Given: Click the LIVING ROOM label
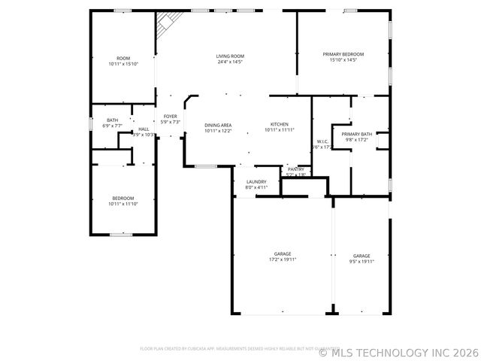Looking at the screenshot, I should coord(230,56).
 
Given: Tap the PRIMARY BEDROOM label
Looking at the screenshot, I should coord(343,54).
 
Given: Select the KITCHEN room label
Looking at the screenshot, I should coord(280,124).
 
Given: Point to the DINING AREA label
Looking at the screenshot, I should coord(218,125).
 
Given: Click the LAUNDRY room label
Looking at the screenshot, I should coord(256,182).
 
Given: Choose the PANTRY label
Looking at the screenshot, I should coord(296,169).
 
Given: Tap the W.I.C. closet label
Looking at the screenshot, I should coord(322,141).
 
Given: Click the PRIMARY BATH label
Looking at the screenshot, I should coord(356,134).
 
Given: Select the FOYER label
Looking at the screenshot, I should coord(171,117).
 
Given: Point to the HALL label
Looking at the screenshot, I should coord(144,129).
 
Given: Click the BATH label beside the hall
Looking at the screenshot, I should coord(112,120).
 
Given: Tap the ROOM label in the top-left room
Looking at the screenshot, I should coord(123,58).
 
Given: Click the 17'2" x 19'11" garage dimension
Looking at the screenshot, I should coord(283,260).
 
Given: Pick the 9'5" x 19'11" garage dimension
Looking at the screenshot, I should coord(362,260).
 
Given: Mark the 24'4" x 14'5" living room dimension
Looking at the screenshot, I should coord(230,62).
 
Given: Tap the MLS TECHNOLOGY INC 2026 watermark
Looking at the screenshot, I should coord(398,351).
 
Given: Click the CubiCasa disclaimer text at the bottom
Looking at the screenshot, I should coord(225,348).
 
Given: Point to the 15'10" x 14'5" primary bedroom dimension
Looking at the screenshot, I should coord(343,60).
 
